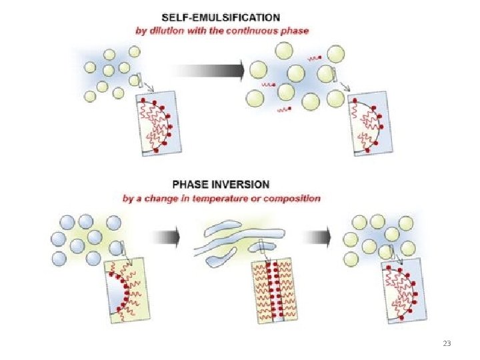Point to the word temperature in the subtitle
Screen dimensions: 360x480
213,198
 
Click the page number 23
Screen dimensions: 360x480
447,343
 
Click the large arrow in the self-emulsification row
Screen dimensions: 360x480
209,71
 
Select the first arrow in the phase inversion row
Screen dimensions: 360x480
167,236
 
